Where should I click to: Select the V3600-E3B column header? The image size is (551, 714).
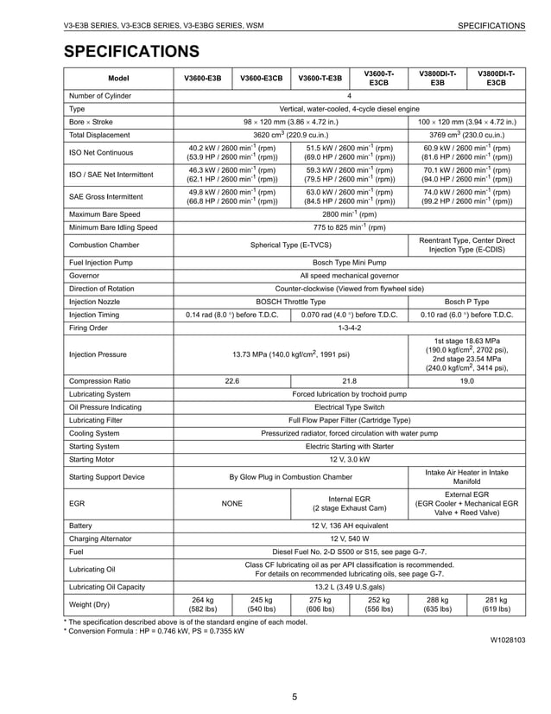tap(203, 79)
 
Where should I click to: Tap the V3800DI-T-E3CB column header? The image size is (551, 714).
tap(496, 79)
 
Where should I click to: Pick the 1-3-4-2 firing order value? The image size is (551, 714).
tap(349, 328)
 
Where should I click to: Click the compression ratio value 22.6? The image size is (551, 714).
tap(232, 380)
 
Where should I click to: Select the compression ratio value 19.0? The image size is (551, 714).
tap(466, 380)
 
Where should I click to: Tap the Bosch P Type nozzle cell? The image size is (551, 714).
tap(466, 302)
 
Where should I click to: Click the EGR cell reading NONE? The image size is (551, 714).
tap(232, 503)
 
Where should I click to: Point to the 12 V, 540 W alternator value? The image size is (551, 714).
tap(349, 538)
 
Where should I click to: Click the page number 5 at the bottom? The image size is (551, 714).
tap(294, 698)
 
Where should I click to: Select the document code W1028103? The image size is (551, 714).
tap(507, 640)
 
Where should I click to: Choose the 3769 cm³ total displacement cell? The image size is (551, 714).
tap(466, 135)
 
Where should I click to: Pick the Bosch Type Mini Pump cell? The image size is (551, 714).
tap(349, 262)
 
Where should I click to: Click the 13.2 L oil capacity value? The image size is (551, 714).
tap(349, 588)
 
